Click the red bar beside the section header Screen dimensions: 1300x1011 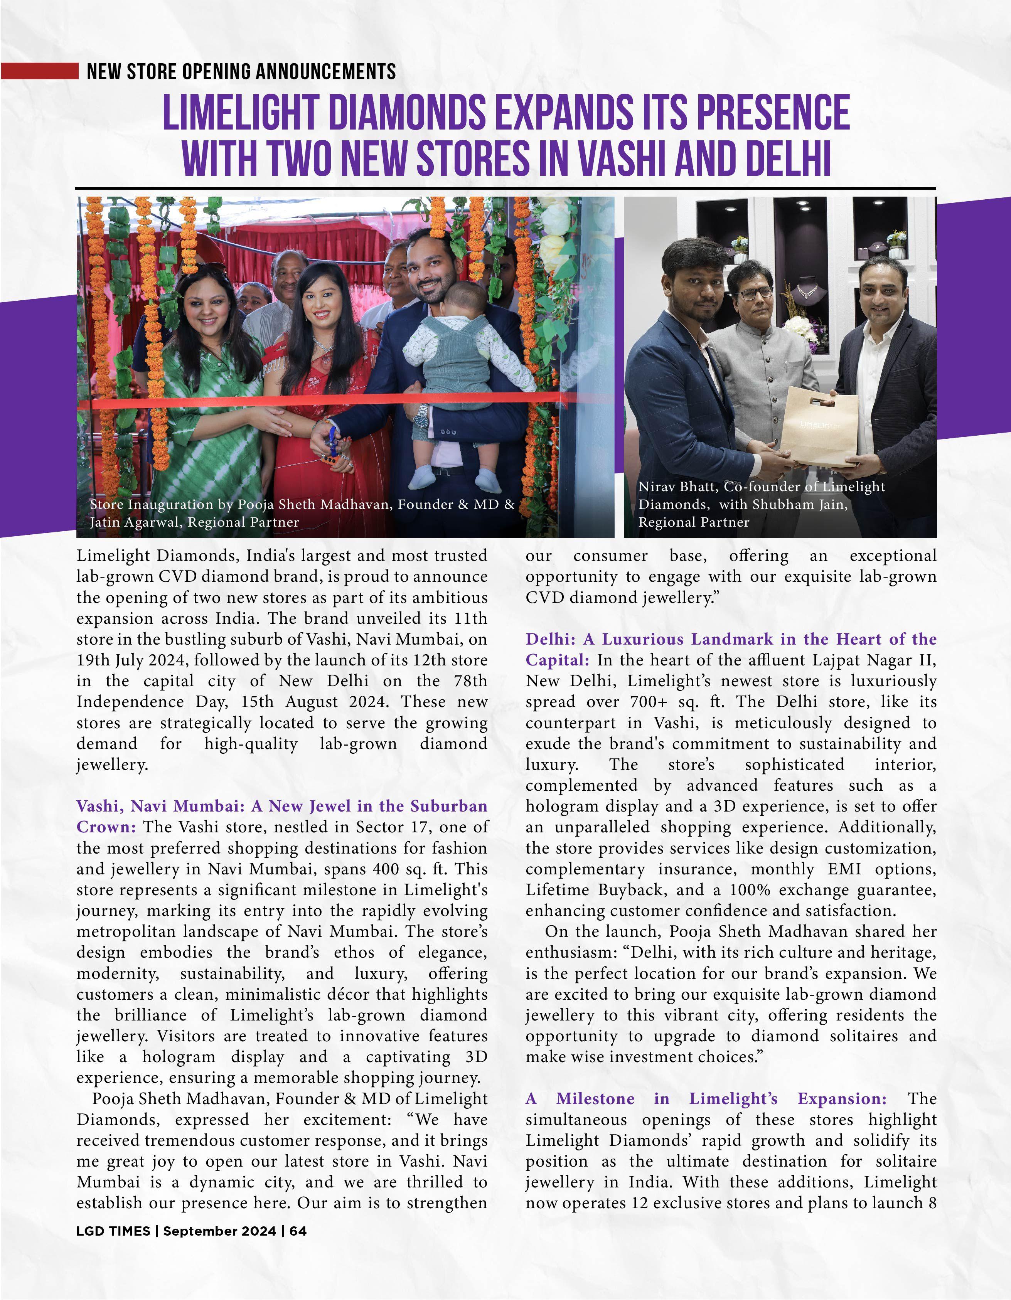pos(39,71)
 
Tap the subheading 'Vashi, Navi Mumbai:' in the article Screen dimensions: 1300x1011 pos(162,806)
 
